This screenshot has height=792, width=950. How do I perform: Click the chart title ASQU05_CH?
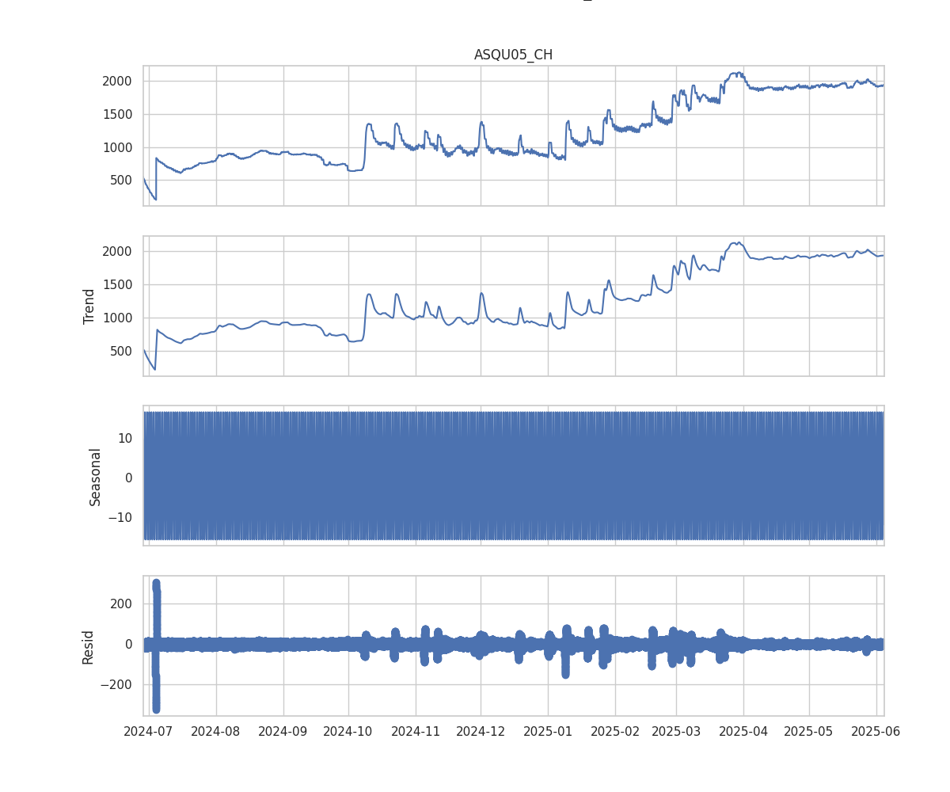(513, 55)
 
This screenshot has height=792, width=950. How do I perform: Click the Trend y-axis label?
(89, 306)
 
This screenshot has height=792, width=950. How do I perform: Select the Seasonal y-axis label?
(95, 476)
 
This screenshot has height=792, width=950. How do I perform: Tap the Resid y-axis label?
(89, 646)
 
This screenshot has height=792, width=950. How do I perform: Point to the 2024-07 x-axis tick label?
(150, 731)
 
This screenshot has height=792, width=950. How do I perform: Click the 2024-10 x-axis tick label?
(348, 731)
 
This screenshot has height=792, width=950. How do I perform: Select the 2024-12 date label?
(481, 731)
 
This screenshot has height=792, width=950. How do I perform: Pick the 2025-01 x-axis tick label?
(548, 731)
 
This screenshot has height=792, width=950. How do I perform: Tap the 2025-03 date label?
(677, 731)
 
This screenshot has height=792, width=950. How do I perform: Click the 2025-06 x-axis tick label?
(876, 731)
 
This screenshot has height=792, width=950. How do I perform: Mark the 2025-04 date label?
(743, 731)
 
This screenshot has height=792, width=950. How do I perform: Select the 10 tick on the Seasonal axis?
(126, 437)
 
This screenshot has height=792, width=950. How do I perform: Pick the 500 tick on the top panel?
(123, 180)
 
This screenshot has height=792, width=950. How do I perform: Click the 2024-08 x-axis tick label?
(216, 731)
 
